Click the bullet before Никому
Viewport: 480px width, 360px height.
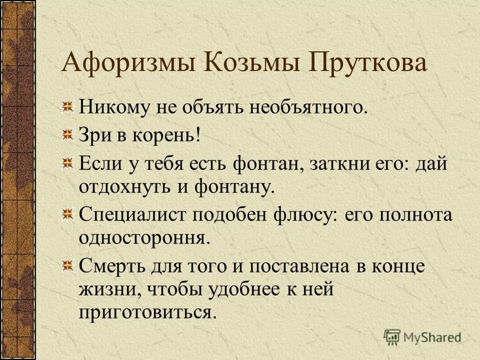coord(68,107)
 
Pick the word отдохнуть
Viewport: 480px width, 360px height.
coord(125,188)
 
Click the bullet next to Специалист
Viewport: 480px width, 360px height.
coord(68,214)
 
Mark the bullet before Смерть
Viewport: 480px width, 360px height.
coord(68,266)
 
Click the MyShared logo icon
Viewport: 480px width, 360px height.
coord(392,337)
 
